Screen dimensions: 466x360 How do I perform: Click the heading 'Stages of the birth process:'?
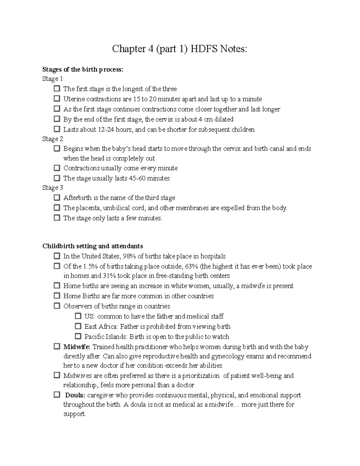point(83,70)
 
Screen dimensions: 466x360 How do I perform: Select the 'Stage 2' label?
point(53,139)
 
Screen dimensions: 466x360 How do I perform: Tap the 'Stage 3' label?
point(53,188)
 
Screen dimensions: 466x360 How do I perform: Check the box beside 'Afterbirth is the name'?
point(57,198)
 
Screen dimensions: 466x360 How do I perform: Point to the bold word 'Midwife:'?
point(77,347)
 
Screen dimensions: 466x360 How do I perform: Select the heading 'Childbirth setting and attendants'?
point(93,246)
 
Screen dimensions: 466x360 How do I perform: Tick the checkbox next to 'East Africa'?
point(78,326)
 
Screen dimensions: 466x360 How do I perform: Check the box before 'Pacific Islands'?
point(78,336)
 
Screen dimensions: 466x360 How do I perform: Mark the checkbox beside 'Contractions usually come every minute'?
point(57,168)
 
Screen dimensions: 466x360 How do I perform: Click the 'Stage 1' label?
point(53,79)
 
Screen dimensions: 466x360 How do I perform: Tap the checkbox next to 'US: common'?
point(78,316)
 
